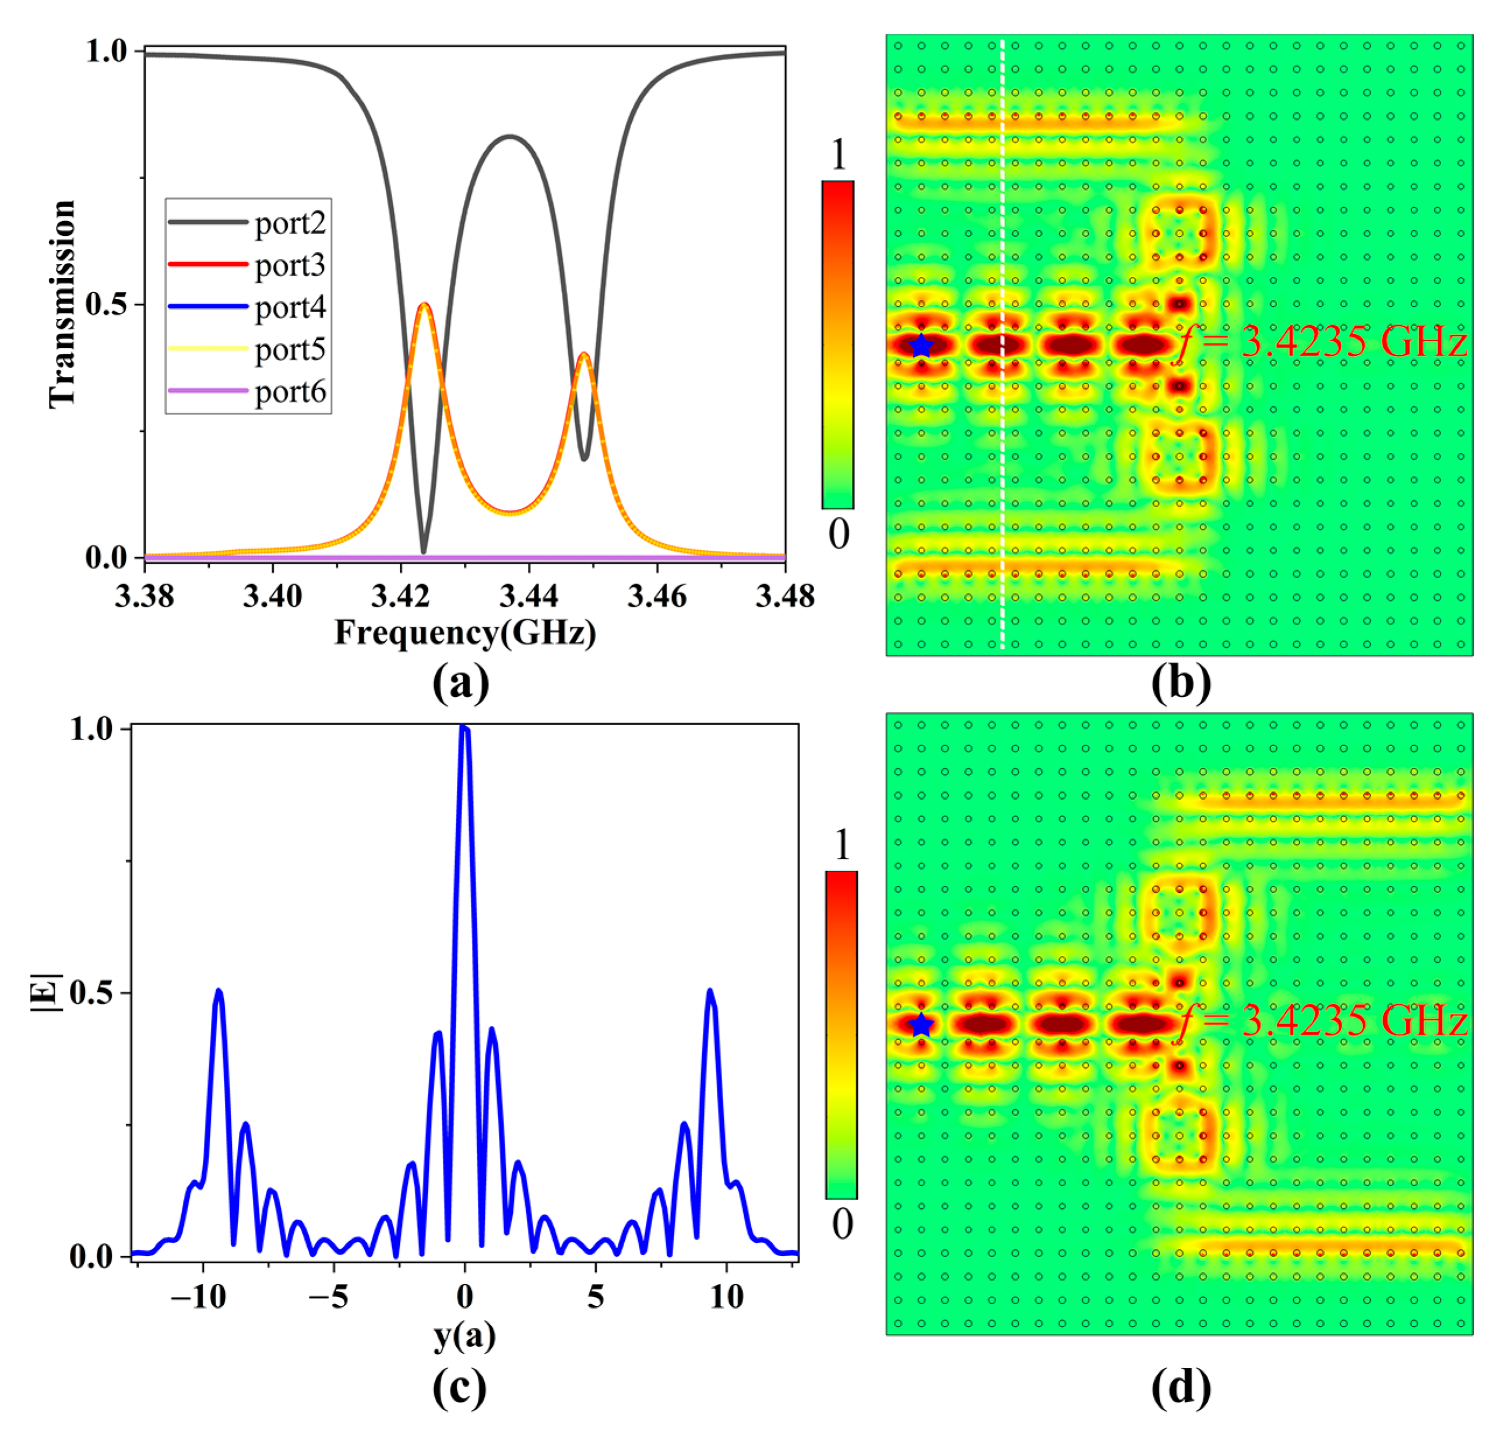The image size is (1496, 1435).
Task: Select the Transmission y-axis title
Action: (62, 304)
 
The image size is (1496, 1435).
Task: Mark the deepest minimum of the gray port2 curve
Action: (424, 551)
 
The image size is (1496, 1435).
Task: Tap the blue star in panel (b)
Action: (921, 346)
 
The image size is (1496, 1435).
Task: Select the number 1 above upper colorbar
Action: (839, 155)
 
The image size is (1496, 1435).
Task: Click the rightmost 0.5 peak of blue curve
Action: (710, 992)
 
